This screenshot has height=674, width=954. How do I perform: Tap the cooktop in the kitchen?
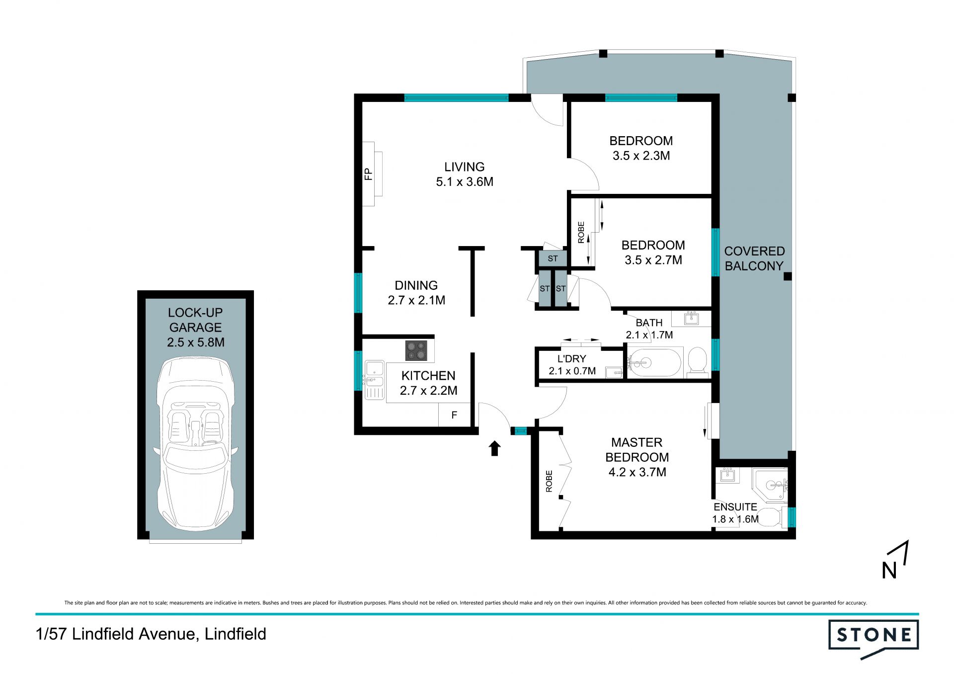pos(416,350)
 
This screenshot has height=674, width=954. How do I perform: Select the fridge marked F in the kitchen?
pos(454,415)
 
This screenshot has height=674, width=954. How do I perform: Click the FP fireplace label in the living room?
pos(368,174)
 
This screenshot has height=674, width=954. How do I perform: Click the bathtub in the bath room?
pos(654,363)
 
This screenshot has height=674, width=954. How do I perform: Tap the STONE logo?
pos(874,639)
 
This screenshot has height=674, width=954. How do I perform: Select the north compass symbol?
pos(895,560)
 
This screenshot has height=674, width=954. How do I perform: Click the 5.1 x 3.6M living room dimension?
pos(465,182)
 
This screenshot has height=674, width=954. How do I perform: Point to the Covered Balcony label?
pos(754,258)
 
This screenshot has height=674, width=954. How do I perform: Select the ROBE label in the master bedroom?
pos(549,481)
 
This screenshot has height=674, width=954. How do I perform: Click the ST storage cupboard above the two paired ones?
pos(553,258)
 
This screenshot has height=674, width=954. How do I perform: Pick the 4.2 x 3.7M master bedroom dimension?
pos(637,472)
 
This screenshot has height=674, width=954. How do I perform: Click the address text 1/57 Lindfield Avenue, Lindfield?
pos(151,634)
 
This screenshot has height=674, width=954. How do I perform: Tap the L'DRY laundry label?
pos(572,359)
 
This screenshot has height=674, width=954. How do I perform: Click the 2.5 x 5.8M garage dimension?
pos(196,342)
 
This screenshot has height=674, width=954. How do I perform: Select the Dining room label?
pos(416,285)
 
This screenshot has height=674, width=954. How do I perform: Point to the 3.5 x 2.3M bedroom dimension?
pos(641,156)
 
